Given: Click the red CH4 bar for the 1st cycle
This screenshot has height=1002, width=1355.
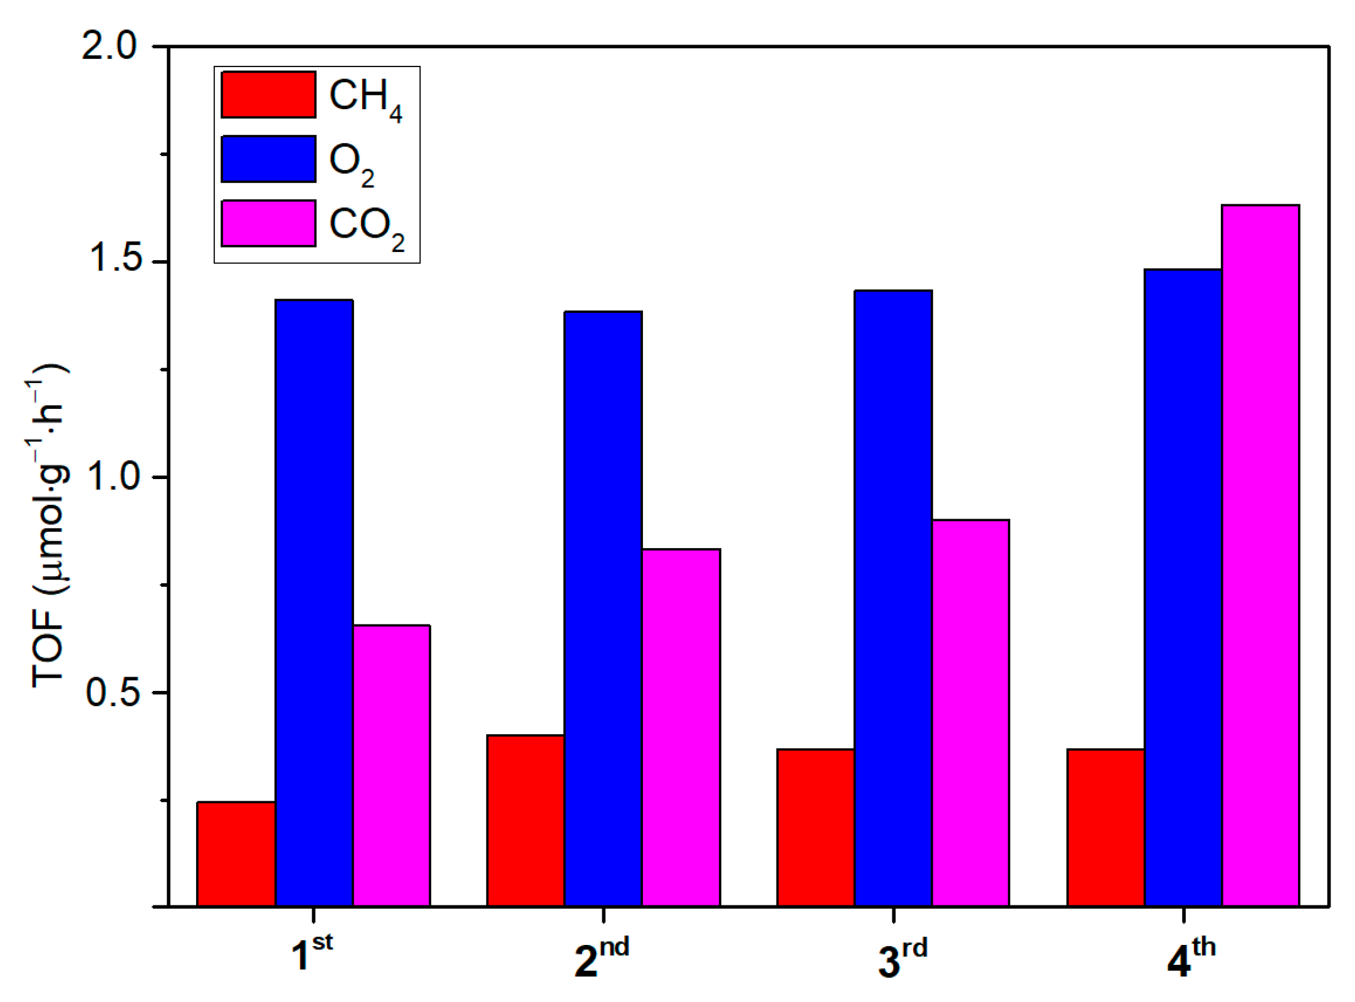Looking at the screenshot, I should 236,853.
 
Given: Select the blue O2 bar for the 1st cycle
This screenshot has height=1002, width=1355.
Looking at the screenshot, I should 314,603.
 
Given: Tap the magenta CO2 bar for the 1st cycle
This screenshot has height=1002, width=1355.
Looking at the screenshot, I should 392,765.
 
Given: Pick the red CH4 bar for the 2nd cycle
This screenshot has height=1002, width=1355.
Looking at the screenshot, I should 526,820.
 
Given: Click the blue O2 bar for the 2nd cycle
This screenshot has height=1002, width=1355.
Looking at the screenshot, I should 604,608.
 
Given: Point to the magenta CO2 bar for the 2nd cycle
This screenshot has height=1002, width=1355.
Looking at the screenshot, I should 681,727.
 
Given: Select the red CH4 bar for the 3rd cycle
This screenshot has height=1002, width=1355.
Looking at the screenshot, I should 816,827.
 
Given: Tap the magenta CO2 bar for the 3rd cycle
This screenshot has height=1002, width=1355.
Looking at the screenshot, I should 971,712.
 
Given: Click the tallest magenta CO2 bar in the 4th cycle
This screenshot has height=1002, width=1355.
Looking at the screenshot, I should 1260,555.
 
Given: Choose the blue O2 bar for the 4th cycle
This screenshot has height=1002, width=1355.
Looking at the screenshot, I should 1183,588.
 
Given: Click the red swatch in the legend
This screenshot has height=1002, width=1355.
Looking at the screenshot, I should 268,95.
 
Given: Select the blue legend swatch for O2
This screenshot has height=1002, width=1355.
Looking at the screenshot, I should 268,159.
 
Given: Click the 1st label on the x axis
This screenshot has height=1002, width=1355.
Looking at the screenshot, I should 311,953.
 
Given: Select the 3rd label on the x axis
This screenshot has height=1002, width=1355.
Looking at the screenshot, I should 901,957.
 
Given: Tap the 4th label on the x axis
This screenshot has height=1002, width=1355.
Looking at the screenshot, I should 1190,957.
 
